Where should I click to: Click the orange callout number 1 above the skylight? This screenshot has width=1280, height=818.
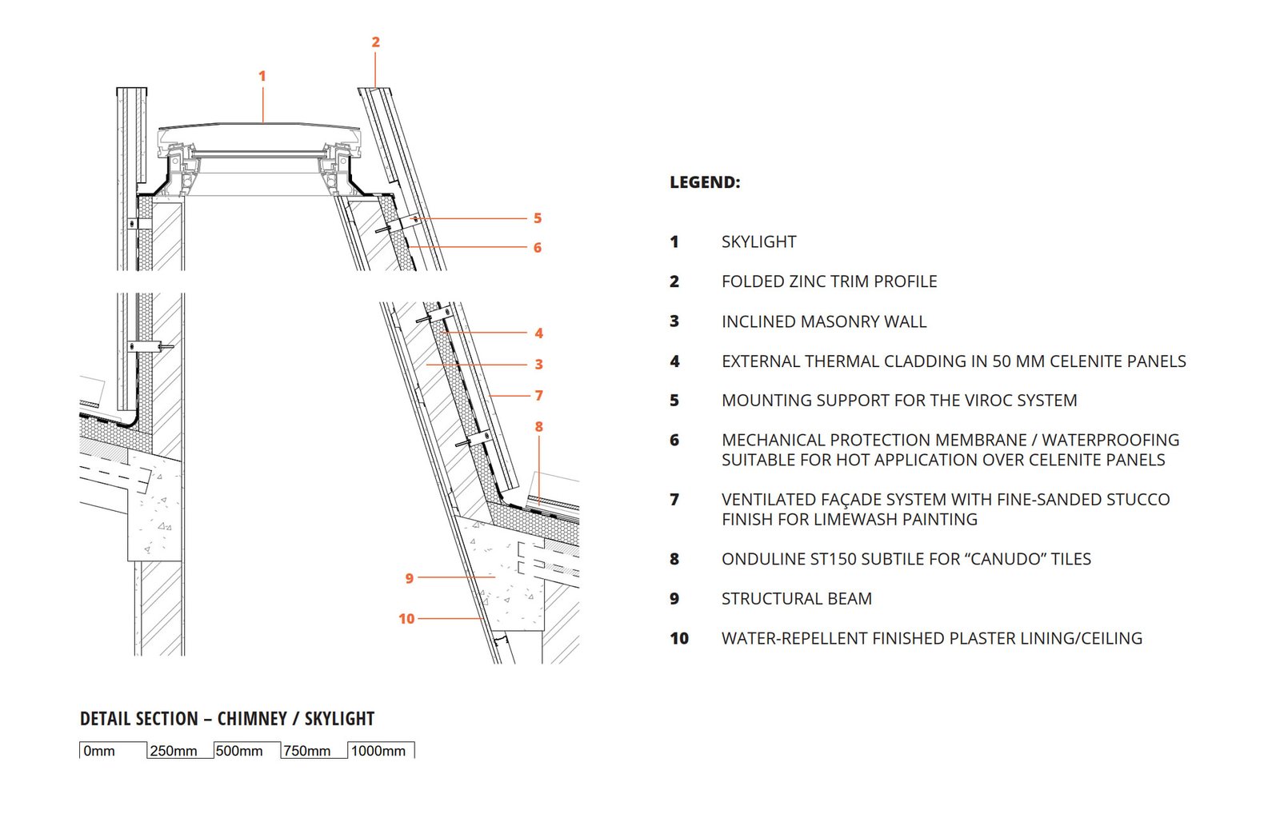point(262,76)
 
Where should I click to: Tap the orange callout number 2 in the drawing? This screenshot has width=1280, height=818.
point(375,42)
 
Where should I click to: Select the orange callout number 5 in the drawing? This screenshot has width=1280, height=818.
point(538,218)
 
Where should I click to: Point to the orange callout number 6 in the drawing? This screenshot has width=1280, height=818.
point(538,248)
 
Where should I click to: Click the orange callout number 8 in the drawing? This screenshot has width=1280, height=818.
point(539,427)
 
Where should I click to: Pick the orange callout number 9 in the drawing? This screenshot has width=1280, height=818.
point(410,578)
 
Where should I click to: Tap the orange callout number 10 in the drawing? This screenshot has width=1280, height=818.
point(406,619)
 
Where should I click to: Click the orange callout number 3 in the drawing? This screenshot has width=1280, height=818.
point(539,365)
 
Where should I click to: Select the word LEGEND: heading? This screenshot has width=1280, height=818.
point(705,182)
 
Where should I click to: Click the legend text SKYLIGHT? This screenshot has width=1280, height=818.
point(758,241)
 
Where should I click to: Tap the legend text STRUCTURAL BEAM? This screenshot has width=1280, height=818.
point(796,599)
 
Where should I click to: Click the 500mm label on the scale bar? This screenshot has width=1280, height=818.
point(239,752)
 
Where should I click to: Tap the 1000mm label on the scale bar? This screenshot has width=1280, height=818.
point(378,752)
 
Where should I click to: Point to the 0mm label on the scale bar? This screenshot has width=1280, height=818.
point(99,752)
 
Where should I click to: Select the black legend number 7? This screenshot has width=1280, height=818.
point(674,500)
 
